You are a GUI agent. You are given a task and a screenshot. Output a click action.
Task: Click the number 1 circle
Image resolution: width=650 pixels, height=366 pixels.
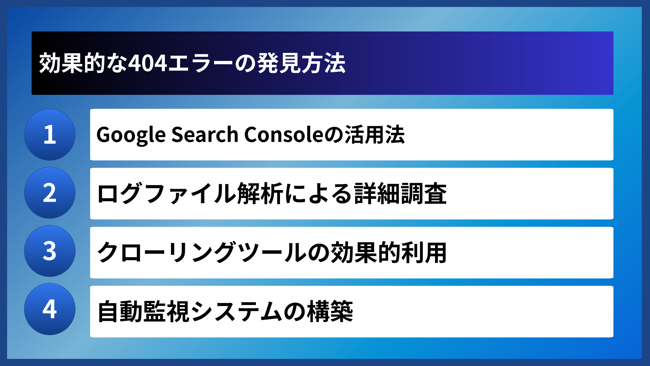click(x=50, y=135)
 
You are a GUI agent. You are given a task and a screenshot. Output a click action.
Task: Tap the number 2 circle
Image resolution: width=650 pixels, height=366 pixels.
click(x=50, y=193)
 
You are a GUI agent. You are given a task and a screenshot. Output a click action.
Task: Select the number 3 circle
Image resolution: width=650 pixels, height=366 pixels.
click(x=50, y=251)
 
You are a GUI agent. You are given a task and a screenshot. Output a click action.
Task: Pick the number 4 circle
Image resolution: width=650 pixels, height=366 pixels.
click(x=50, y=309)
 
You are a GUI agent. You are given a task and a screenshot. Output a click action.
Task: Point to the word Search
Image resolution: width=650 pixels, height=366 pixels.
click(x=205, y=135)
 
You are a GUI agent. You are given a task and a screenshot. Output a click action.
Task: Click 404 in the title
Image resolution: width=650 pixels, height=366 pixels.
click(x=148, y=63)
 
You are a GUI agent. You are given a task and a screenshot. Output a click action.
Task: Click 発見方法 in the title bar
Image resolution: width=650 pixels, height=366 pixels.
click(x=301, y=63)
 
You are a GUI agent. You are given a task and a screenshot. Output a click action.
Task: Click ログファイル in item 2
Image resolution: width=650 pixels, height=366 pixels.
click(x=166, y=194)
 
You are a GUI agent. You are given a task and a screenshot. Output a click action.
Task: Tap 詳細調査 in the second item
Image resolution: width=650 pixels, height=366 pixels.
click(x=400, y=194)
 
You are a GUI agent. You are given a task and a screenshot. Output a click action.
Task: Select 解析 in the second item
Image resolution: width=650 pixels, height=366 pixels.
click(x=260, y=194)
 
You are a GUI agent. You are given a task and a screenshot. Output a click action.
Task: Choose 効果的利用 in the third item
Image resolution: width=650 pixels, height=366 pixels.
click(x=389, y=252)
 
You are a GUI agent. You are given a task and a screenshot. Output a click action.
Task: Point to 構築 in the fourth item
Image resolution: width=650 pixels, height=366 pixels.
click(x=330, y=311)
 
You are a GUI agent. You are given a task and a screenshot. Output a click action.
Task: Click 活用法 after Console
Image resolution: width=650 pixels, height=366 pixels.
click(x=374, y=135)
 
